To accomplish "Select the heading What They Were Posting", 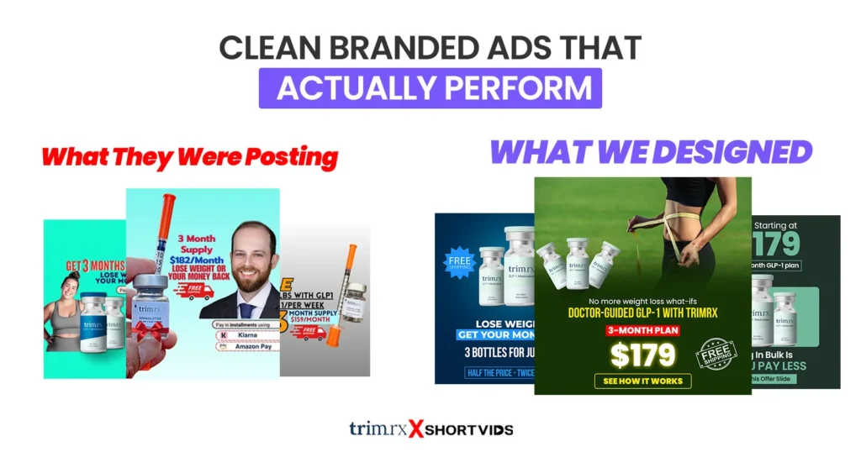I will pyautogui.click(x=189, y=157).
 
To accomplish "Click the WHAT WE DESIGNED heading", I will pyautogui.click(x=651, y=152).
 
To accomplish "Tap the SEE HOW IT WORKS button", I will pyautogui.click(x=642, y=381).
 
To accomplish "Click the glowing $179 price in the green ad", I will pyautogui.click(x=642, y=354).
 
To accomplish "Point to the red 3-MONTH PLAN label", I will pyautogui.click(x=642, y=330).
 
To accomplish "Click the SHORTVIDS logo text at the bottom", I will pyautogui.click(x=468, y=429).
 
